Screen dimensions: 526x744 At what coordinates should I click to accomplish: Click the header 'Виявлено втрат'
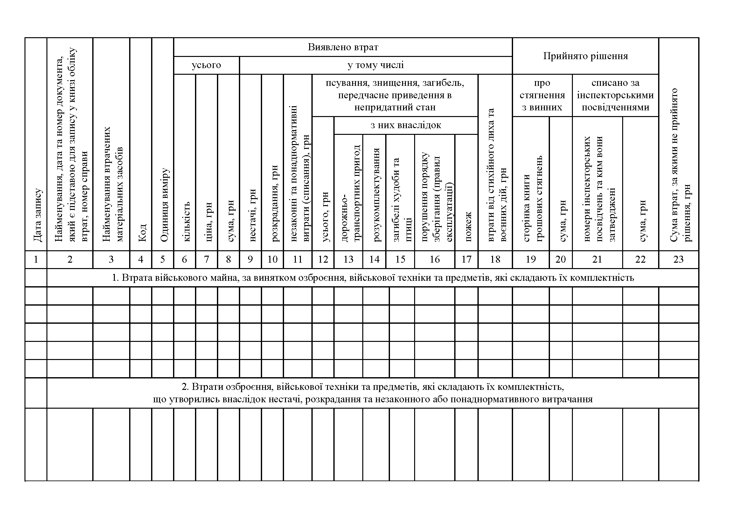(x=343, y=47)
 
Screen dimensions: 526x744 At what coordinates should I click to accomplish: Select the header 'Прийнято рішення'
(x=585, y=56)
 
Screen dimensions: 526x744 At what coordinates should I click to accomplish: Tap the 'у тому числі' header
(x=376, y=65)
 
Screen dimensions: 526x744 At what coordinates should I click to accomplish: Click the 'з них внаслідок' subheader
(x=406, y=125)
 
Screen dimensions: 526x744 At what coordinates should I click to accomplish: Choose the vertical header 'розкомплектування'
(x=376, y=195)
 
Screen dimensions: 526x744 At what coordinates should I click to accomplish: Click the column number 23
(x=678, y=260)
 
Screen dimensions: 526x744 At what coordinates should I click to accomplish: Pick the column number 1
(x=36, y=260)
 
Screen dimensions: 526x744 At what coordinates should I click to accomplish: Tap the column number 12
(x=323, y=260)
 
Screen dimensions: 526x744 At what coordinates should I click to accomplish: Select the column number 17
(x=466, y=260)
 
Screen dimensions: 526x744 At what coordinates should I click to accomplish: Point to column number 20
(x=560, y=260)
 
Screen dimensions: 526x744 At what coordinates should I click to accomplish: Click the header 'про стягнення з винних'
(x=542, y=95)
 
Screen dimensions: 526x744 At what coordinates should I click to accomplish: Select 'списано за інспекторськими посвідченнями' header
(x=615, y=95)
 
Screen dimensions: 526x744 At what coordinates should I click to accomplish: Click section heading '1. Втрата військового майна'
(x=373, y=278)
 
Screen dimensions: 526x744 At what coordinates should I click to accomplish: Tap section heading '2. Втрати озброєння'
(x=373, y=393)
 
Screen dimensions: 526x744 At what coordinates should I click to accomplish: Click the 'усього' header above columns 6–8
(x=206, y=65)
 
